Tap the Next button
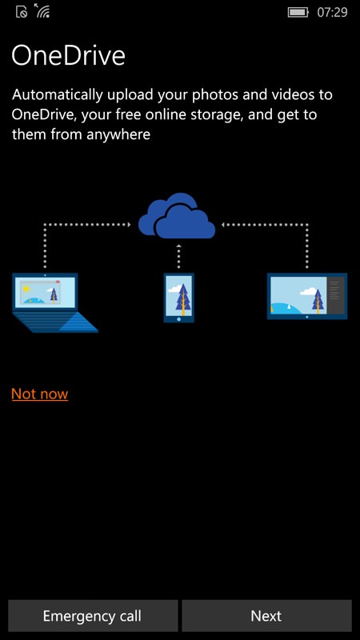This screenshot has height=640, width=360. (266, 615)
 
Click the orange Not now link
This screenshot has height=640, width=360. (39, 394)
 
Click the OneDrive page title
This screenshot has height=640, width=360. (68, 55)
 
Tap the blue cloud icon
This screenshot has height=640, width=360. (177, 216)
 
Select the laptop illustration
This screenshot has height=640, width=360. (54, 303)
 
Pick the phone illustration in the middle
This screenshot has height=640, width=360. (178, 298)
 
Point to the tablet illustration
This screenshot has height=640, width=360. (307, 296)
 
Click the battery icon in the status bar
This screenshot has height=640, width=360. (298, 13)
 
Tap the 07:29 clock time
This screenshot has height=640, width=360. (332, 13)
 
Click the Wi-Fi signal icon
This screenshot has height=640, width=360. (42, 11)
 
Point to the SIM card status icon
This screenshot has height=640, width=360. (22, 12)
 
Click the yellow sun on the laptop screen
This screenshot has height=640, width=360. (26, 289)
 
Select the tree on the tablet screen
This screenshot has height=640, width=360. (317, 301)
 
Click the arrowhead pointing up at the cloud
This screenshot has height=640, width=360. (178, 246)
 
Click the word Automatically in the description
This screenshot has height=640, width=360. (57, 94)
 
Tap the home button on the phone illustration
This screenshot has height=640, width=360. (178, 318)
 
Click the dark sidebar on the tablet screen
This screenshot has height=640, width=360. (336, 295)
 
